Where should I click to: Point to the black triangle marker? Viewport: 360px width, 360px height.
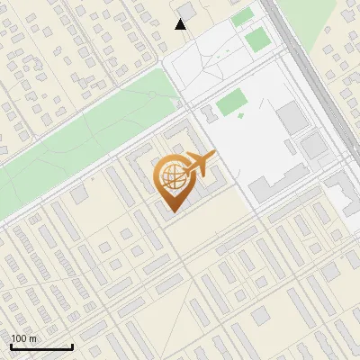[181, 24]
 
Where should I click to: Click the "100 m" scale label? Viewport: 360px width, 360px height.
[23, 338]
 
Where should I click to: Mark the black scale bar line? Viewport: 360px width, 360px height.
[41, 346]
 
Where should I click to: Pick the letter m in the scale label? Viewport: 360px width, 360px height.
[31, 338]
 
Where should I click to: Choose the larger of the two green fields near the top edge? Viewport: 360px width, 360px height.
[257, 39]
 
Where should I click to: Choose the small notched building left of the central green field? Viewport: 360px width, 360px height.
[205, 112]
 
